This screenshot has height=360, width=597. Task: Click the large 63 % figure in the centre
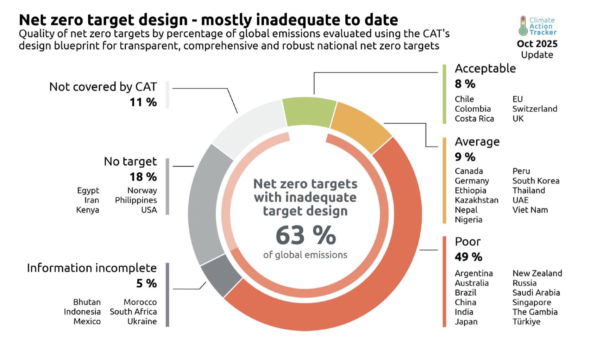click(306, 235)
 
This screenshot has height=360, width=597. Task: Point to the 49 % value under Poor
click(468, 257)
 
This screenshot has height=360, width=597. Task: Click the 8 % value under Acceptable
click(465, 84)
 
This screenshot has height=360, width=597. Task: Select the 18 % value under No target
click(143, 176)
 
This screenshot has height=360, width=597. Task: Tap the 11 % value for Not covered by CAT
click(143, 102)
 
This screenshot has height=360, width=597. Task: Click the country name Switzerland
click(535, 109)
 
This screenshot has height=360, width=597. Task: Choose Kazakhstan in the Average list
click(476, 200)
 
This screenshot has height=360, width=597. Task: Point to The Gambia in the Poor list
click(535, 312)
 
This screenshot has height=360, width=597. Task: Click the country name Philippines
click(136, 200)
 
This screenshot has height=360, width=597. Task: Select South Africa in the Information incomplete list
click(133, 312)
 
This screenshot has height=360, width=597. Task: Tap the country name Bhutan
click(87, 302)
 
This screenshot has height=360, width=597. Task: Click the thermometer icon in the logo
click(523, 26)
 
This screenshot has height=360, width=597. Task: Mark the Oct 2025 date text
click(537, 44)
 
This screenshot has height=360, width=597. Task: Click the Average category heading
click(477, 142)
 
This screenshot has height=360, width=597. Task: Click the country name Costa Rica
click(474, 119)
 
